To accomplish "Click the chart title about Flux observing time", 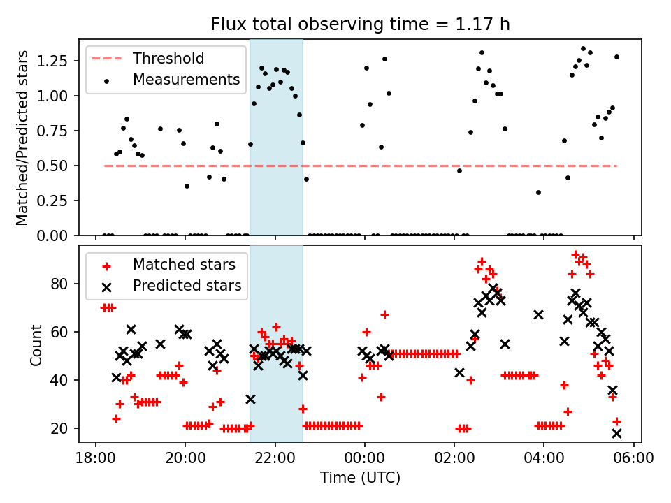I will point(360,24).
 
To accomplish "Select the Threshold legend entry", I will point(168,59).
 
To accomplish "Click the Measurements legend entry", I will point(186,80).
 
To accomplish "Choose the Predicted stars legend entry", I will point(187,286).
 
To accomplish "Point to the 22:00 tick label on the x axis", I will point(275,460).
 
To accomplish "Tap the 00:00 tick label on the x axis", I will point(364,460).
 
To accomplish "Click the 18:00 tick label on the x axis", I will point(95,460).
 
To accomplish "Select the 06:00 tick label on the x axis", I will point(633,460).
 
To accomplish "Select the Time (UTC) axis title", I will point(360,479).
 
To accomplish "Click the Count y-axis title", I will point(36,344).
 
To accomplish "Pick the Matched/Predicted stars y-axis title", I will point(22,138).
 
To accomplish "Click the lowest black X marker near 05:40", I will point(616,433).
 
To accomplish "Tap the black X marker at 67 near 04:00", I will point(538,315).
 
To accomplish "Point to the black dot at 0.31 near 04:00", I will point(538,192).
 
